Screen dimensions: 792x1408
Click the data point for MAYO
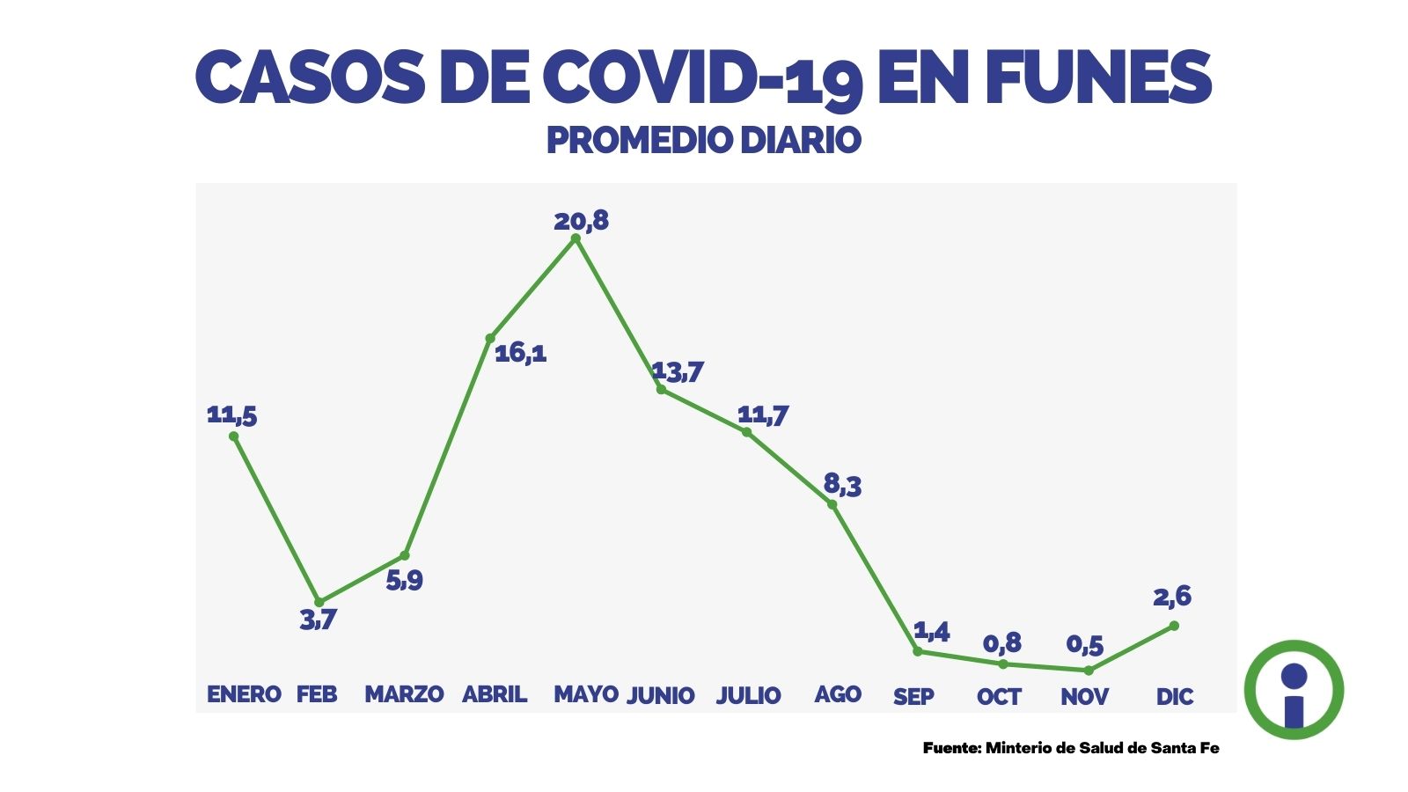click(576, 238)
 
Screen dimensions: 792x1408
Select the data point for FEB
click(319, 602)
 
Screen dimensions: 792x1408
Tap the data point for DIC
click(1174, 626)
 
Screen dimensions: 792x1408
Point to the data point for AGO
click(832, 504)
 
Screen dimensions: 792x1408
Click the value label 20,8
click(581, 220)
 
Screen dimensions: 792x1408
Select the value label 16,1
click(520, 353)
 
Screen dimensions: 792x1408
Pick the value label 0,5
click(1084, 645)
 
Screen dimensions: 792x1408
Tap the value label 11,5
click(231, 414)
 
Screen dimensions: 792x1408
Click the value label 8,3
click(842, 484)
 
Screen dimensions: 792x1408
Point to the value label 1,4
click(931, 631)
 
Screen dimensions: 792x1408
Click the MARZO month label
click(404, 694)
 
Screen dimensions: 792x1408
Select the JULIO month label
click(748, 695)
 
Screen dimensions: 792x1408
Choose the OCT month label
click(999, 697)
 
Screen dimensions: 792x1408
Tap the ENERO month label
click(244, 694)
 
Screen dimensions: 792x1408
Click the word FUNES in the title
click(1098, 77)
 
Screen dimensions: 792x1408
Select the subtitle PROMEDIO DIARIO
click(703, 140)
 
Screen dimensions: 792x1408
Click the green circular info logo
click(1294, 690)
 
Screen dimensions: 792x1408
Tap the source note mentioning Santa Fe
click(1071, 748)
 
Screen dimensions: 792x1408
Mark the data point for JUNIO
click(661, 389)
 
